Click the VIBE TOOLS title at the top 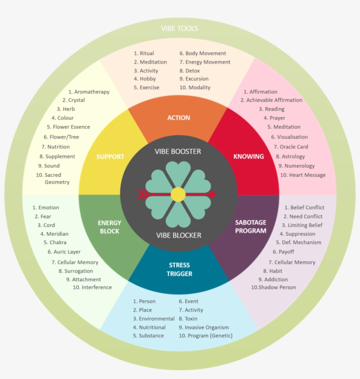(179, 29)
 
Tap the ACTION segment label (179, 118)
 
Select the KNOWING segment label (248, 156)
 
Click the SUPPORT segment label (110, 157)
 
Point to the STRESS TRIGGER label (179, 269)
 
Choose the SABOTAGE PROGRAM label (251, 226)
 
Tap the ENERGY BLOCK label (109, 226)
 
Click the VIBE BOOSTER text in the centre (178, 151)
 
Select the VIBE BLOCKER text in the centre (179, 235)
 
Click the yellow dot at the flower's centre (178, 194)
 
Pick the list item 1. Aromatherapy (89, 92)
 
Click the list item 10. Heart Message (303, 175)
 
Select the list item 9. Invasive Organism (204, 327)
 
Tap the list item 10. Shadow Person (274, 287)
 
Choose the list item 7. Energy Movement (205, 62)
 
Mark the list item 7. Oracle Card (291, 147)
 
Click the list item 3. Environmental (154, 318)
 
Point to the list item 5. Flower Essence (68, 127)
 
